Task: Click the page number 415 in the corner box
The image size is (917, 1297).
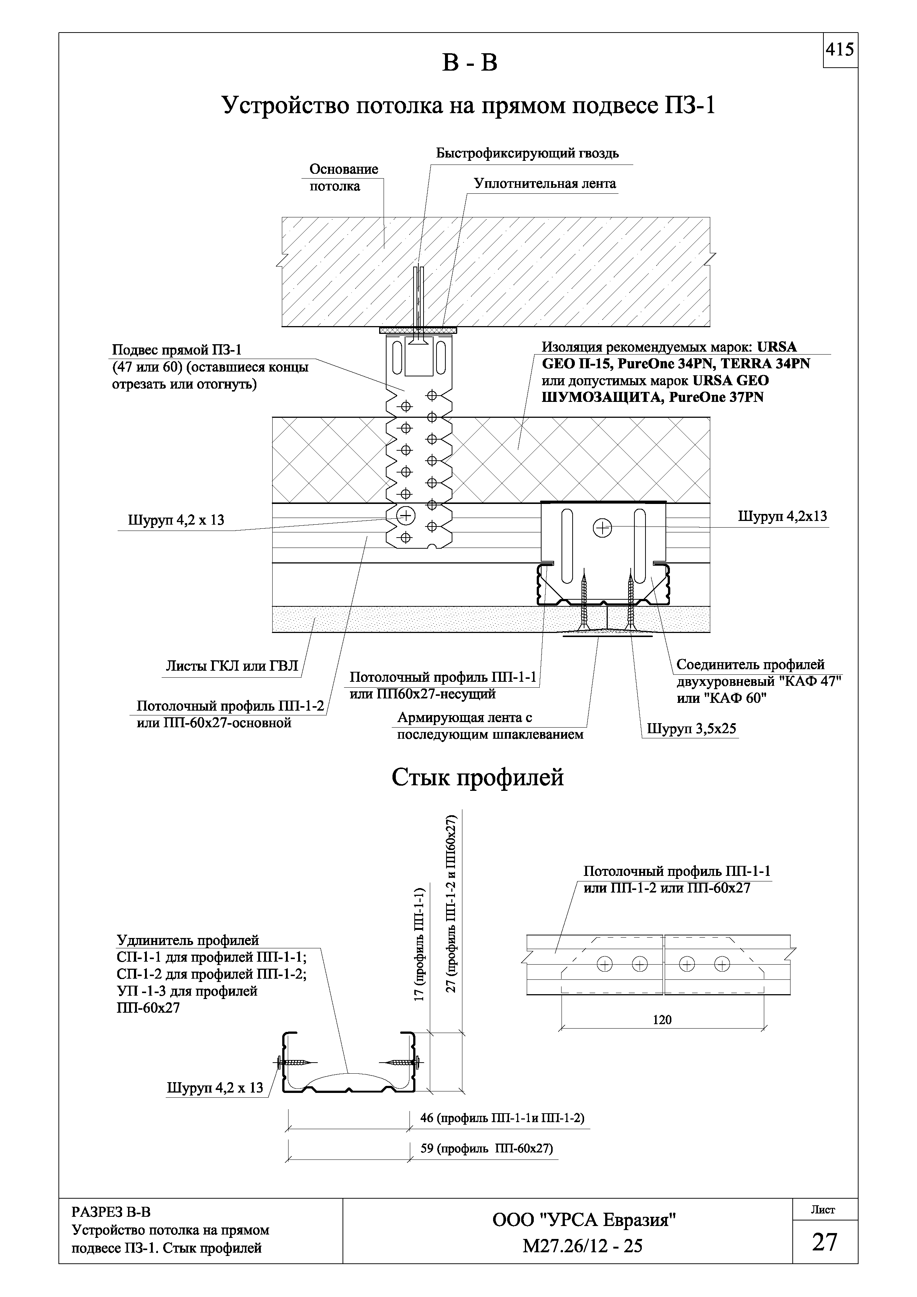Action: click(x=840, y=50)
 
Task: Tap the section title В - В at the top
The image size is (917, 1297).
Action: click(x=469, y=63)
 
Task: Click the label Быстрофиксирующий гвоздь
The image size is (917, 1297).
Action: click(x=527, y=153)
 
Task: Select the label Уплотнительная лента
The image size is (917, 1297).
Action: click(x=545, y=184)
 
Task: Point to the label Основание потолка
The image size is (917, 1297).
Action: click(x=344, y=177)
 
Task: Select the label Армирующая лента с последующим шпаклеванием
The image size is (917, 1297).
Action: click(x=490, y=726)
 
